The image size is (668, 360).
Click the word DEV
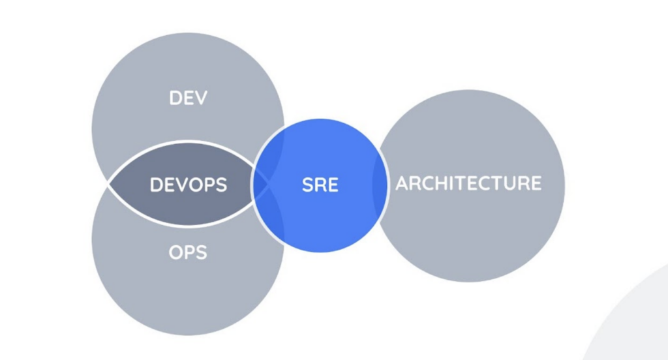pyautogui.click(x=189, y=98)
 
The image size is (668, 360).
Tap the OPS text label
pyautogui.click(x=188, y=252)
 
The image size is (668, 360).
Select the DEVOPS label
pyautogui.click(x=189, y=185)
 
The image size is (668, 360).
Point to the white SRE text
pyautogui.click(x=320, y=185)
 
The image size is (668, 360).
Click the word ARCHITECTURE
pyautogui.click(x=468, y=183)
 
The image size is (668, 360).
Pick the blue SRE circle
pyautogui.click(x=320, y=186)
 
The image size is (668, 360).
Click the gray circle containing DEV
pyautogui.click(x=188, y=85)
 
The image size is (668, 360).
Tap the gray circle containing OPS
pyautogui.click(x=188, y=281)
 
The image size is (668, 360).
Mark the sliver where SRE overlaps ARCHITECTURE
pyautogui.click(x=380, y=186)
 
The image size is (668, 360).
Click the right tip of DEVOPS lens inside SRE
pyautogui.click(x=268, y=184)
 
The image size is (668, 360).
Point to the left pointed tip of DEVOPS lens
pyautogui.click(x=108, y=184)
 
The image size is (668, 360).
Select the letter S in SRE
pyautogui.click(x=308, y=185)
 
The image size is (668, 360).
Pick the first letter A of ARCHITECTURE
pyautogui.click(x=403, y=183)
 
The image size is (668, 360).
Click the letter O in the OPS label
pyautogui.click(x=175, y=252)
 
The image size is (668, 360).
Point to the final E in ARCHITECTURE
pyautogui.click(x=536, y=183)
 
